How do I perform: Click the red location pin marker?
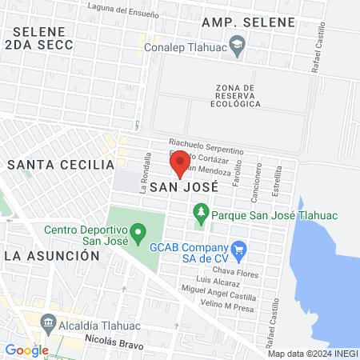(180, 163)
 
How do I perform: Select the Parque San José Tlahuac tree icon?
(200, 214)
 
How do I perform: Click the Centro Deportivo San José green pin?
(138, 234)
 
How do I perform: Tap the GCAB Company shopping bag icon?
(238, 249)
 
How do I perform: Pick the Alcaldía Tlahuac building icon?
(50, 324)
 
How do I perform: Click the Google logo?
(26, 350)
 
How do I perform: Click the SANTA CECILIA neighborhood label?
(61, 164)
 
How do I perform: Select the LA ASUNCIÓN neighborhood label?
(51, 255)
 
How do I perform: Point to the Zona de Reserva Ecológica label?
(238, 95)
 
